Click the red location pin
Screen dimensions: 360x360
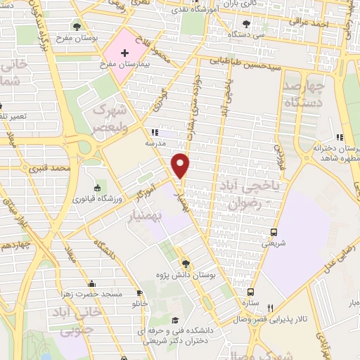click(x=181, y=165)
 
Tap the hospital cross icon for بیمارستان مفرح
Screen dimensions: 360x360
click(x=125, y=54)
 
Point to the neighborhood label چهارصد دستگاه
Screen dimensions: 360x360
click(x=304, y=94)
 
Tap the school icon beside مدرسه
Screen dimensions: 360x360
click(x=156, y=131)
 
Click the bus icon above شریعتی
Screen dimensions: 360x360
click(x=274, y=232)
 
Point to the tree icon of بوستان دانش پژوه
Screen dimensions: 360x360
click(x=186, y=263)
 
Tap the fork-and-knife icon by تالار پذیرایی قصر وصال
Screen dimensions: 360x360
click(x=271, y=307)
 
